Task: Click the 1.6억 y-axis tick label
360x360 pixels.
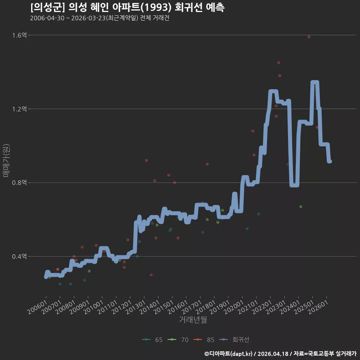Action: tap(19, 35)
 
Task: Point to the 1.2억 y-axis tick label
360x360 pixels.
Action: tap(19, 109)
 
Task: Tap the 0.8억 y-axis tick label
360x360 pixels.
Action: tap(19, 183)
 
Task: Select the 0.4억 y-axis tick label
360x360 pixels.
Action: tap(19, 256)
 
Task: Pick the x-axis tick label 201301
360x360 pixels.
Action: tap(136, 307)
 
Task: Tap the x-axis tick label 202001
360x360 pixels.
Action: tap(234, 307)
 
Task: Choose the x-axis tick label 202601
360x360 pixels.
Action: tap(318, 307)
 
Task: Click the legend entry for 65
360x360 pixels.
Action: tap(152, 340)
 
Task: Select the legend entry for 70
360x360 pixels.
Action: tap(178, 340)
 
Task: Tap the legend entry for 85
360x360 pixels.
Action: tap(204, 340)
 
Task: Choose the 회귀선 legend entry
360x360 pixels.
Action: tap(234, 340)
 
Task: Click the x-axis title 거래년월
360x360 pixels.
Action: tap(193, 319)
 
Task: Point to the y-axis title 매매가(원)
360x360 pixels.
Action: tap(6, 160)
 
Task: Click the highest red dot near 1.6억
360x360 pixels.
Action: tap(309, 37)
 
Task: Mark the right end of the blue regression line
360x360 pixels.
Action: tap(330, 161)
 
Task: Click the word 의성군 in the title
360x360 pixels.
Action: tap(48, 7)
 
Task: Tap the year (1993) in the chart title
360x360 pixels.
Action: tap(156, 7)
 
